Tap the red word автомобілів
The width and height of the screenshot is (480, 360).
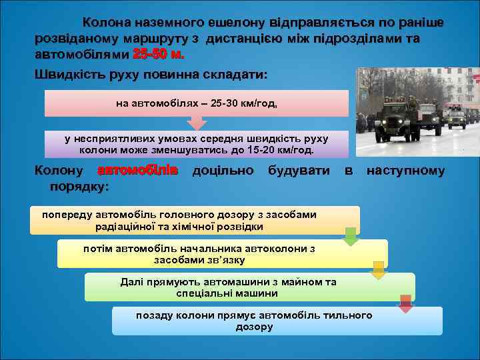pyautogui.click(x=138, y=171)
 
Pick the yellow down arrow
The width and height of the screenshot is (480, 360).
pyautogui.click(x=378, y=270)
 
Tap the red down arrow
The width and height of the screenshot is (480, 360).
pyautogui.click(x=405, y=303)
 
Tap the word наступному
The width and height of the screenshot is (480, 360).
pyautogui.click(x=405, y=171)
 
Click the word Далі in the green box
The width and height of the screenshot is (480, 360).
pyautogui.click(x=131, y=282)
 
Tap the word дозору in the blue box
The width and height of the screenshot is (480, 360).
pyautogui.click(x=254, y=327)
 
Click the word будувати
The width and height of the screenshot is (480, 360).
pyautogui.click(x=298, y=171)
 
